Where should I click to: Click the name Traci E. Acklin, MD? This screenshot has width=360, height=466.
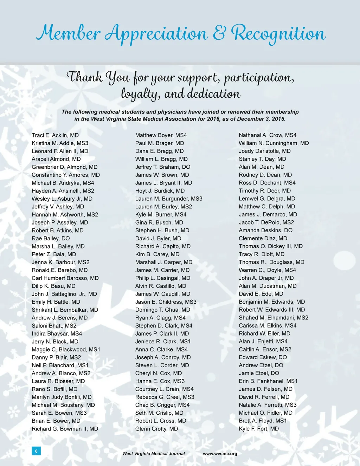(55, 135)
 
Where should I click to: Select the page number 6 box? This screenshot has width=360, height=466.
(36, 451)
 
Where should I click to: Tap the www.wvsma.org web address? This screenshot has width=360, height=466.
(220, 454)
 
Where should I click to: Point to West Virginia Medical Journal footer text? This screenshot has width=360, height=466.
(153, 454)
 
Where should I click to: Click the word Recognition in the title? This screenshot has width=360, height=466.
(278, 34)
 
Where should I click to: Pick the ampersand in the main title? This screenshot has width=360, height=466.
(219, 33)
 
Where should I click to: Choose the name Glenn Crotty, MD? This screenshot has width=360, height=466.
(156, 429)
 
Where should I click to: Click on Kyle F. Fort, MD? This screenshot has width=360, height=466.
(259, 429)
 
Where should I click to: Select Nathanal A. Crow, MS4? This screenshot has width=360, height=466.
(268, 135)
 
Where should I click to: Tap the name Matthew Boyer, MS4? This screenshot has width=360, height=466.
(161, 135)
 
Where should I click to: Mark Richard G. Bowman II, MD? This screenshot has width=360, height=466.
(65, 429)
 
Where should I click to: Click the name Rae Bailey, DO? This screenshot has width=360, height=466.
(51, 238)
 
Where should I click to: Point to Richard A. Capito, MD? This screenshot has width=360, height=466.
(163, 246)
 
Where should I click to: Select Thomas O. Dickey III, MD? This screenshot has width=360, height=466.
(271, 246)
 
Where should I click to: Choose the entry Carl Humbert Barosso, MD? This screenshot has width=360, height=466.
(65, 278)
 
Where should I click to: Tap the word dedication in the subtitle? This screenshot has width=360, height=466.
(214, 94)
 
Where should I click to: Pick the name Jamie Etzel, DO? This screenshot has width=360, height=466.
(259, 373)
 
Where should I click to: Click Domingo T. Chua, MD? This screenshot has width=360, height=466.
(162, 310)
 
